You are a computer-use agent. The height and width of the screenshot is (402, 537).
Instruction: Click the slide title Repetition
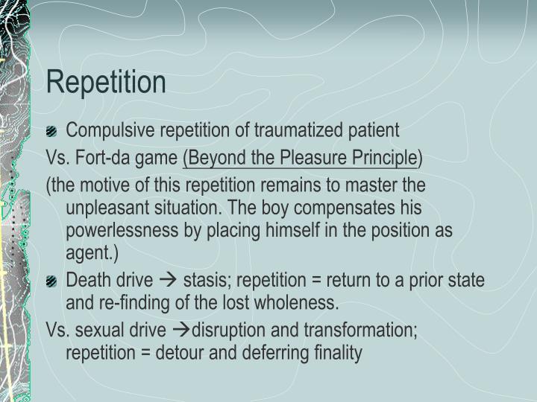tap(106, 82)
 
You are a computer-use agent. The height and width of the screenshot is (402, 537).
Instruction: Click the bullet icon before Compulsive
tap(51, 132)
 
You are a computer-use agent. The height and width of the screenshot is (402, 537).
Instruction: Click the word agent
tap(87, 253)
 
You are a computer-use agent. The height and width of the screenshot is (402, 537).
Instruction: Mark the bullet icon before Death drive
tap(51, 281)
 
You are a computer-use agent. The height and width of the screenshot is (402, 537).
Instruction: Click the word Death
tap(87, 280)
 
